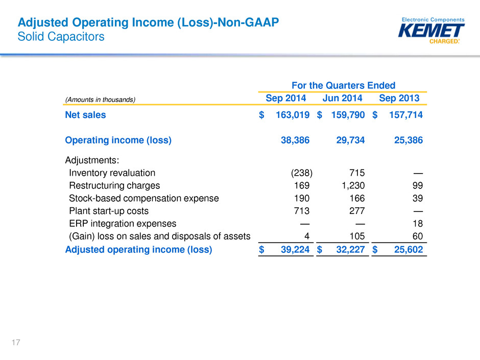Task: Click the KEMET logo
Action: click(x=431, y=30)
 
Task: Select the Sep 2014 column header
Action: click(x=285, y=98)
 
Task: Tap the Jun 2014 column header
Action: click(x=342, y=98)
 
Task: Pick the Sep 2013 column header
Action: click(x=399, y=98)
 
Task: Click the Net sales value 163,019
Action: click(x=293, y=115)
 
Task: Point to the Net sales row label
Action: click(x=85, y=115)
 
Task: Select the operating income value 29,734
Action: click(x=350, y=140)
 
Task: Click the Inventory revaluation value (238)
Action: click(x=301, y=173)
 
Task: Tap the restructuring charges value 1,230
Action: click(x=353, y=185)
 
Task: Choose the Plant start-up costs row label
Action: click(x=109, y=211)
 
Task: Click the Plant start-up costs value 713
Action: click(x=301, y=211)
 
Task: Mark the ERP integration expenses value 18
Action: click(x=418, y=224)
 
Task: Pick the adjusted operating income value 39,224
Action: click(x=295, y=250)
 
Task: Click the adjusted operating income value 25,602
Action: click(x=409, y=250)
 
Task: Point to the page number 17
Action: click(x=16, y=342)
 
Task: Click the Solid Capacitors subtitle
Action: click(x=61, y=36)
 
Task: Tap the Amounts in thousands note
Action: click(x=100, y=100)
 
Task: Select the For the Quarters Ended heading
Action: click(x=343, y=85)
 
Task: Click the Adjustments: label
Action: click(x=92, y=160)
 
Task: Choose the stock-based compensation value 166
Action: click(x=357, y=198)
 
